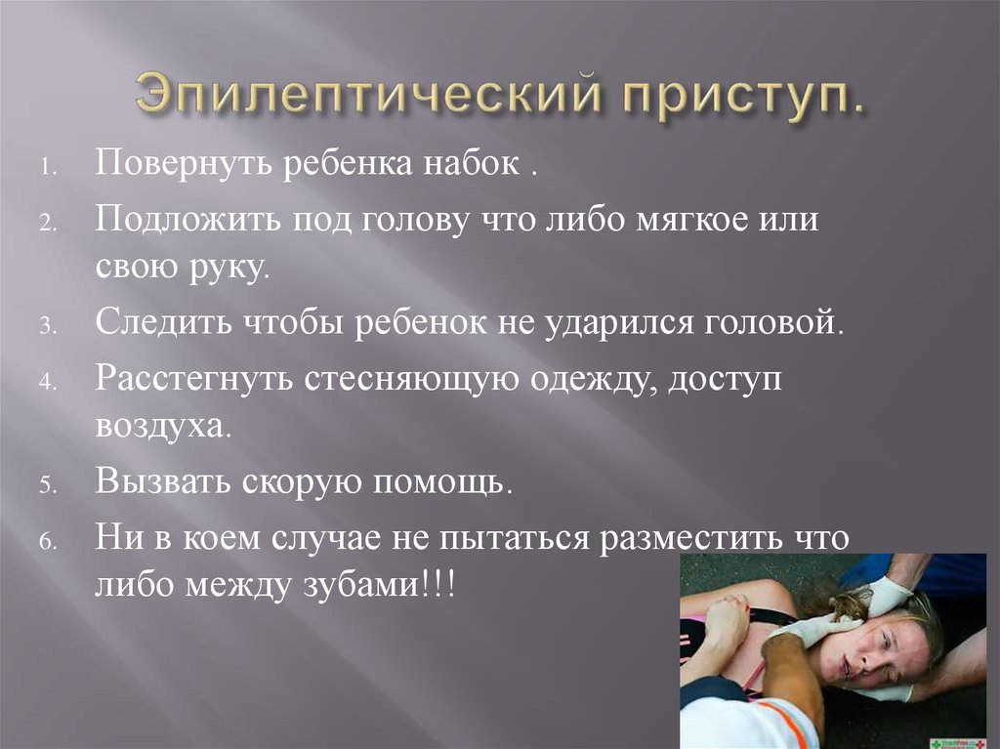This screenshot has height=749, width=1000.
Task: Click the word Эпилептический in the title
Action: pyautogui.click(x=368, y=93)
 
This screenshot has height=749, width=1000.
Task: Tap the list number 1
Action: pyautogui.click(x=49, y=168)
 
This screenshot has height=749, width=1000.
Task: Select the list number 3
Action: pyautogui.click(x=49, y=327)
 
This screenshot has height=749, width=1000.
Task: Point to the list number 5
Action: pyautogui.click(x=49, y=485)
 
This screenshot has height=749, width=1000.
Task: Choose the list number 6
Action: pyautogui.click(x=49, y=542)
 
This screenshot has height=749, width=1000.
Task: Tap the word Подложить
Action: pyautogui.click(x=188, y=220)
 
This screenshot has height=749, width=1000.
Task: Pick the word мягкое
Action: pyautogui.click(x=691, y=220)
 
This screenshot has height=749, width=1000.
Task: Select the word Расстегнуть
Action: pyautogui.click(x=194, y=378)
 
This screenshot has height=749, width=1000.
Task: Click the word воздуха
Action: pyautogui.click(x=163, y=426)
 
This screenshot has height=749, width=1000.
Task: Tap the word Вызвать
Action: pyautogui.click(x=163, y=480)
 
